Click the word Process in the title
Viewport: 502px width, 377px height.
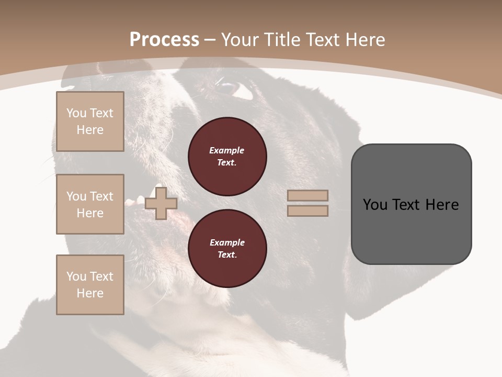(164, 40)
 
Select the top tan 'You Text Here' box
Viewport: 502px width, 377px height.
(90, 121)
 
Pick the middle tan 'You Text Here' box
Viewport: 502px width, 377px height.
(90, 204)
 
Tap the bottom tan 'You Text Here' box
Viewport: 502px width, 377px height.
(90, 285)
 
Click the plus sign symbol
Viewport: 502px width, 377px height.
(161, 203)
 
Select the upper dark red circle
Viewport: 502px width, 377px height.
(227, 157)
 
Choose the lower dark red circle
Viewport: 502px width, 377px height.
(227, 249)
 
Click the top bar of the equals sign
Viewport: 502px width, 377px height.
(308, 195)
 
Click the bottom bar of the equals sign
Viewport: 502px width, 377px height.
(308, 211)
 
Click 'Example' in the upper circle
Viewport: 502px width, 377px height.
(227, 150)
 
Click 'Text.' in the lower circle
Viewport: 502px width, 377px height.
(227, 255)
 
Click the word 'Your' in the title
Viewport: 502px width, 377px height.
(239, 40)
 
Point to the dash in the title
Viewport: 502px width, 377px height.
(210, 40)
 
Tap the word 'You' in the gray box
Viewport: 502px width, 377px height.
(375, 205)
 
